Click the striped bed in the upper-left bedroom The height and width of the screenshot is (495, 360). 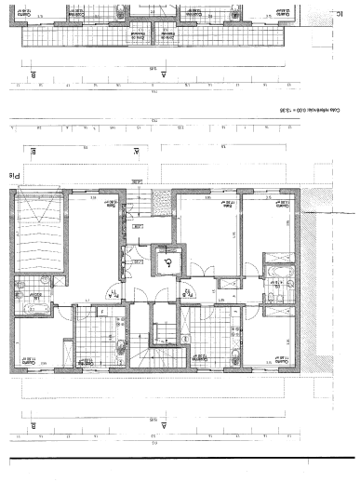pos(39,236)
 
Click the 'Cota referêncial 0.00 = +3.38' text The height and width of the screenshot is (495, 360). pos(306,111)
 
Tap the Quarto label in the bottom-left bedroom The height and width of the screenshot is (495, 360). pos(29,358)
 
